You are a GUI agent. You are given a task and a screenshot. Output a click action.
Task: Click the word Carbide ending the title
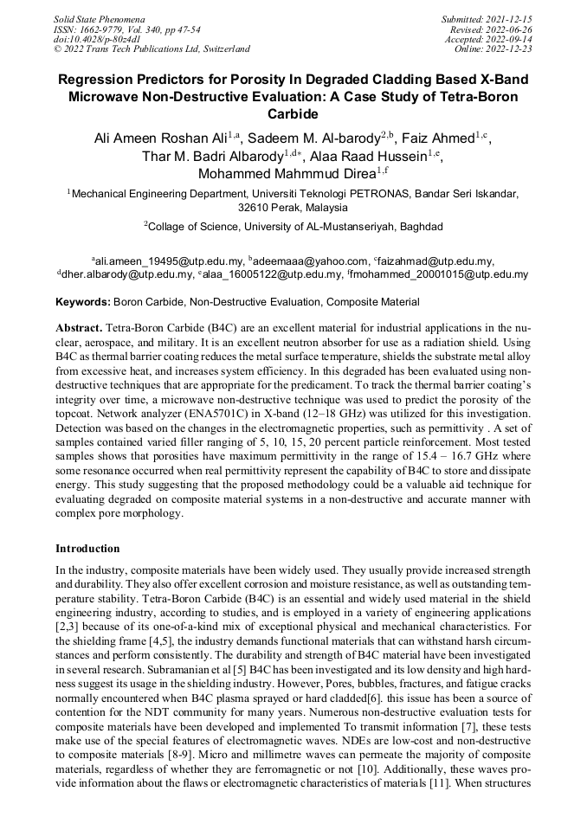coord(293,113)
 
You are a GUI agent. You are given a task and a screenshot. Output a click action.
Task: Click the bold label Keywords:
coord(83,302)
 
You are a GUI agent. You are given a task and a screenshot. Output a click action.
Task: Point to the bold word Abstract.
coord(79,330)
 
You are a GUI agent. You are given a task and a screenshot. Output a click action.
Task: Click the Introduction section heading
coord(87,548)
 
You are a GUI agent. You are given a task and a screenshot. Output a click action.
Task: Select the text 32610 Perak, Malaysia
coord(293,208)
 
